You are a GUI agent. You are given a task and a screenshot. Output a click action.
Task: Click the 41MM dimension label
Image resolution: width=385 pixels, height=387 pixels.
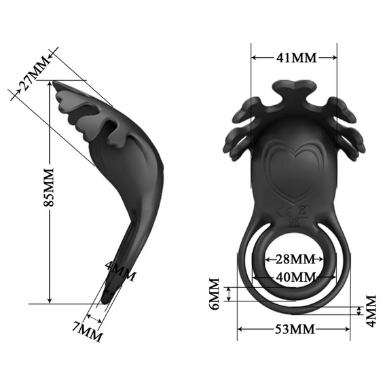[294, 57]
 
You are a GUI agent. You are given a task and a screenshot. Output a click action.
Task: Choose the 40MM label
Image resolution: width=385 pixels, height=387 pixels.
[294, 276]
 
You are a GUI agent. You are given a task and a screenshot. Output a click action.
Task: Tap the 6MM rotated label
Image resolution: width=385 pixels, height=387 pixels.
[215, 295]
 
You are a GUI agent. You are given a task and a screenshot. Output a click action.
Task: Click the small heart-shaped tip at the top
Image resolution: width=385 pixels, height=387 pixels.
[294, 88]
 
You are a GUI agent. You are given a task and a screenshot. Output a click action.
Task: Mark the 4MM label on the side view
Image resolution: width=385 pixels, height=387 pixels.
[121, 273]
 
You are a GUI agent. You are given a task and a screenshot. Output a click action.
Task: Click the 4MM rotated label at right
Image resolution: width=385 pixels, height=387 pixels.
[371, 311]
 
